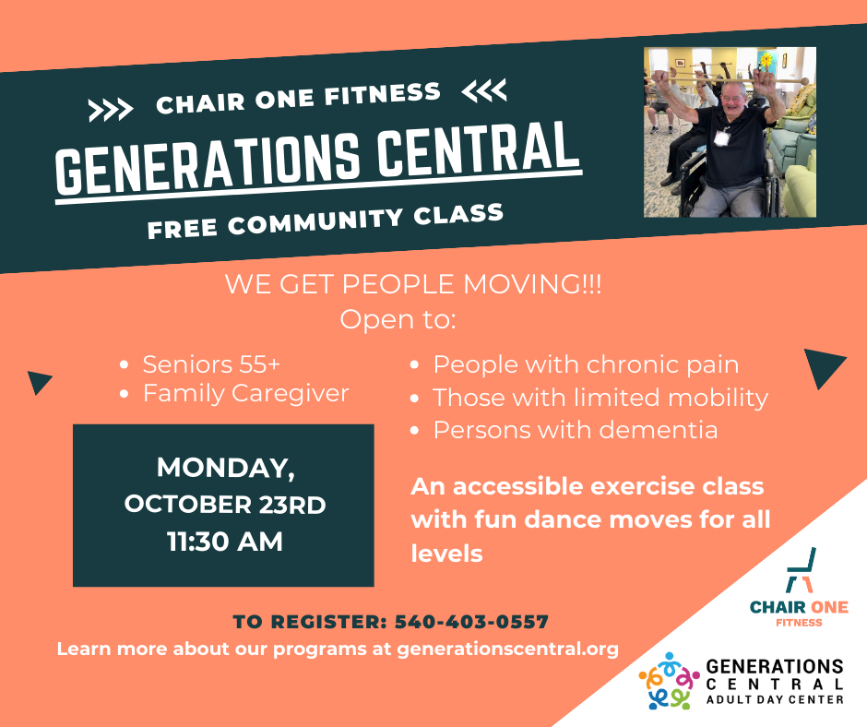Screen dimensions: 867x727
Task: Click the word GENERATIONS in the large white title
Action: (208, 164)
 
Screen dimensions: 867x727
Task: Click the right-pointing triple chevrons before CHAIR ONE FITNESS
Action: (111, 110)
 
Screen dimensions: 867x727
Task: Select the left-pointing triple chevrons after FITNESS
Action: (484, 90)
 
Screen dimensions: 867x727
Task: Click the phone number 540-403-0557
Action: (471, 622)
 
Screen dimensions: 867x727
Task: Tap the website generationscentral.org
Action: (507, 649)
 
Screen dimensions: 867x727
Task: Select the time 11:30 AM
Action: (225, 542)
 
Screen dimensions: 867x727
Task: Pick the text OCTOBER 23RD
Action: (224, 505)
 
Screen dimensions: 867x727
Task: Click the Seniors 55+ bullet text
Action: (211, 364)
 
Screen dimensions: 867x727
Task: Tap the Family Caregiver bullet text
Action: (246, 394)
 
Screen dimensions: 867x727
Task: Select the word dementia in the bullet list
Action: (659, 430)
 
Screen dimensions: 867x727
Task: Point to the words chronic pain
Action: (662, 365)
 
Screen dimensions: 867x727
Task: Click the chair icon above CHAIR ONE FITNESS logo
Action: (801, 570)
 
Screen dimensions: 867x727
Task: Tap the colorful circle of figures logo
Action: (669, 681)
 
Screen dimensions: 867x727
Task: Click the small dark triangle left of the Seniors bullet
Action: (39, 381)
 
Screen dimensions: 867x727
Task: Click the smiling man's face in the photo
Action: (734, 101)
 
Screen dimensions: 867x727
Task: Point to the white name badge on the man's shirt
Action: (721, 137)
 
